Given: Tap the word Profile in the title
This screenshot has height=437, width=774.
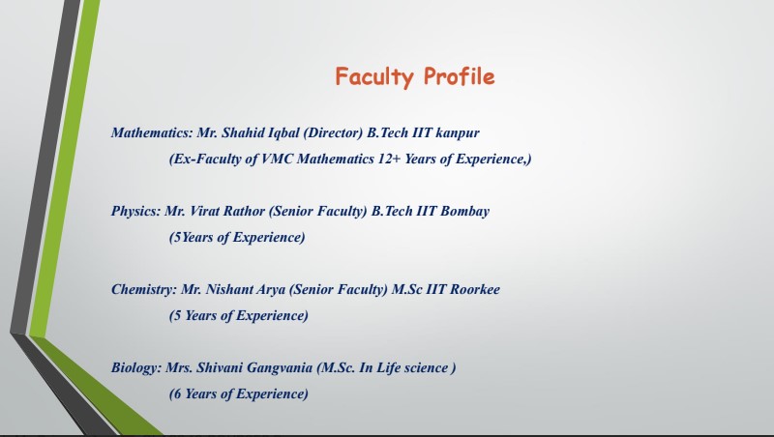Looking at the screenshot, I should tap(459, 77).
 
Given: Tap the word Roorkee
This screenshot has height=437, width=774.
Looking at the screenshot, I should tap(471, 290).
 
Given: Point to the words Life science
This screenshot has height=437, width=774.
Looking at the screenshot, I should tap(408, 368).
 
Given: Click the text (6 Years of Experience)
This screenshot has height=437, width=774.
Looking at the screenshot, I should tap(239, 394).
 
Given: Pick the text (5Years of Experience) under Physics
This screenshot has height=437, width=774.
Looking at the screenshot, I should tap(237, 238).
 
